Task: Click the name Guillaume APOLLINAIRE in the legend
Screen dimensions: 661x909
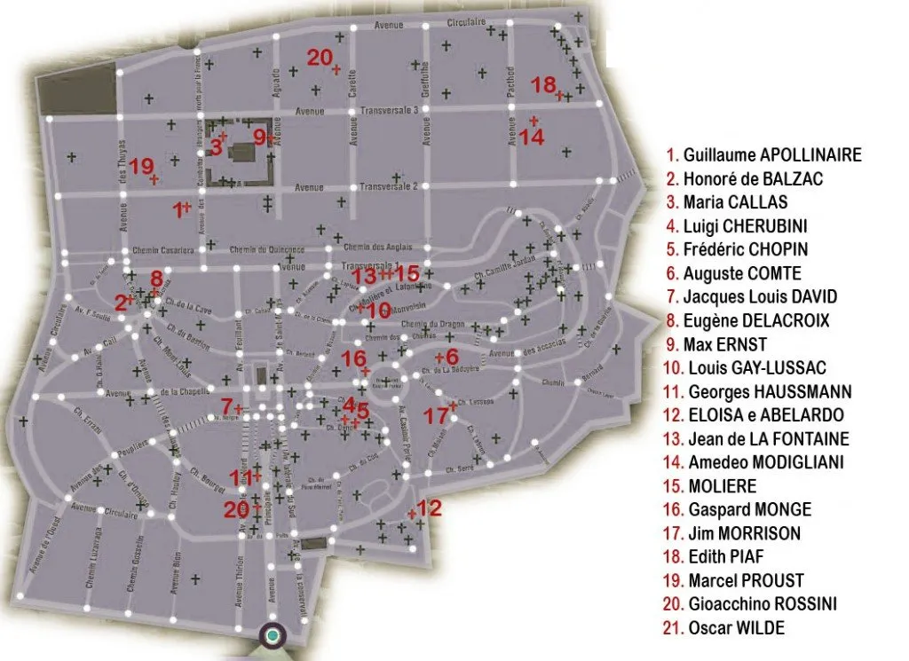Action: [x=763, y=155]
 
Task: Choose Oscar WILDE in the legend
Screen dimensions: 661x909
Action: [x=727, y=628]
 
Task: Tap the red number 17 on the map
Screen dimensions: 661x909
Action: [x=436, y=415]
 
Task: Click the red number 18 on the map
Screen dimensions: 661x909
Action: [x=543, y=85]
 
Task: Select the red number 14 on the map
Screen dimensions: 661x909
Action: [x=531, y=137]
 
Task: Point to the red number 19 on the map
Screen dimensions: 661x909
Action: [x=141, y=166]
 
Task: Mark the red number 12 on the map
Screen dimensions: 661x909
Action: [x=429, y=508]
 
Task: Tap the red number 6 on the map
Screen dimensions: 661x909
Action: [x=450, y=357]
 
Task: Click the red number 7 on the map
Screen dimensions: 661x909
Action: [x=226, y=407]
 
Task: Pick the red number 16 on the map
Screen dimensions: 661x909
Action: [x=353, y=358]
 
